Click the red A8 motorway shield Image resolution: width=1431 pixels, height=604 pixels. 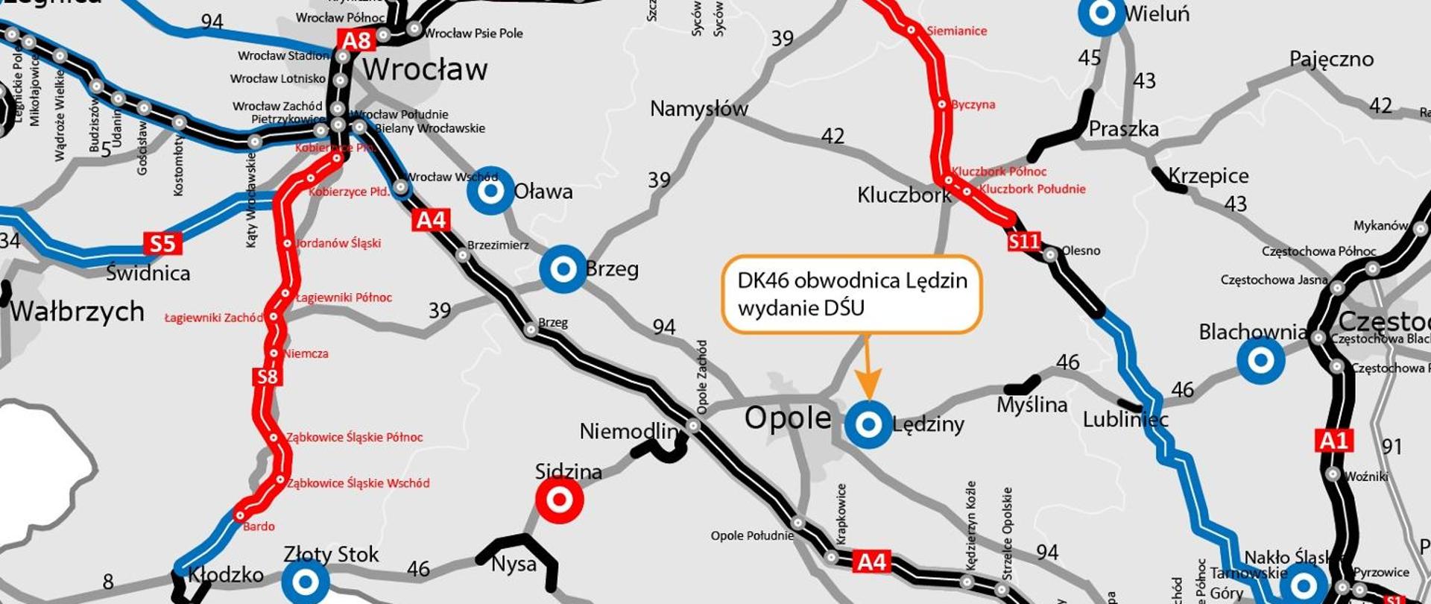pyautogui.click(x=356, y=40)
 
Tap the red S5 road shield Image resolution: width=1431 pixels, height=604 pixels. pyautogui.click(x=162, y=244)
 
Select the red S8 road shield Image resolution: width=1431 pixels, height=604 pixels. pyautogui.click(x=268, y=377)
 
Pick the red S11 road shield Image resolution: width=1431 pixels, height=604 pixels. pyautogui.click(x=1023, y=241)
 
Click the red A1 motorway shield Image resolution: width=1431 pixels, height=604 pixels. pyautogui.click(x=1333, y=441)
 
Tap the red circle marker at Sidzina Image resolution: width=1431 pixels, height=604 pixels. pyautogui.click(x=560, y=500)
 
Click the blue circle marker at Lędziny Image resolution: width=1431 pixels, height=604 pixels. pyautogui.click(x=868, y=424)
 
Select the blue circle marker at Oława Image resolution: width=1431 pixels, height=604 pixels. pyautogui.click(x=490, y=191)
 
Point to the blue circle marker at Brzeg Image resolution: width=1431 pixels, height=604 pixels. pyautogui.click(x=563, y=268)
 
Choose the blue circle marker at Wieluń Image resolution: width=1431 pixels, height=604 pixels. pyautogui.click(x=1102, y=13)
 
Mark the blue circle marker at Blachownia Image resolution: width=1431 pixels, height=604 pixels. pyautogui.click(x=1261, y=361)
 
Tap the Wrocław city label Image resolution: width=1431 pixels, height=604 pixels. pyautogui.click(x=425, y=70)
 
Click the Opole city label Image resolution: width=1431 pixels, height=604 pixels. pyautogui.click(x=788, y=418)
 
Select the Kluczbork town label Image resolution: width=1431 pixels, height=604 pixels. pyautogui.click(x=904, y=195)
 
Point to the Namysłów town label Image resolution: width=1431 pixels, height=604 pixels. pyautogui.click(x=698, y=109)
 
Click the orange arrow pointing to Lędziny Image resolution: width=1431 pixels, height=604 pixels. pyautogui.click(x=867, y=369)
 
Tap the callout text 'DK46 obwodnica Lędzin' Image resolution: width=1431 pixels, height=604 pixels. pyautogui.click(x=852, y=280)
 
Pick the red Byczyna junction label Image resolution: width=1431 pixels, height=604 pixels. pyautogui.click(x=973, y=104)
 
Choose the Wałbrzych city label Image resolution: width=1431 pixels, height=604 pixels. pyautogui.click(x=77, y=311)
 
